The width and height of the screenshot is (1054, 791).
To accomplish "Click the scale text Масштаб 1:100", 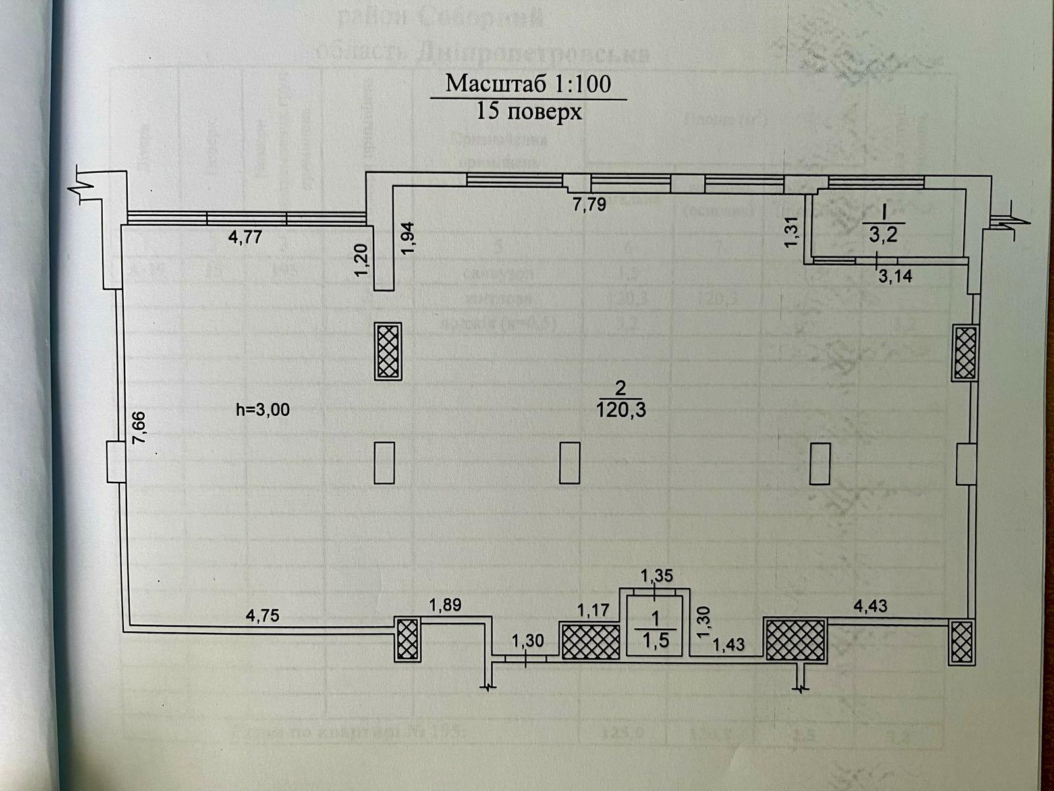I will pos(528,84).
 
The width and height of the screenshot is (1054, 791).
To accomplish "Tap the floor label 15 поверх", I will pos(529,112).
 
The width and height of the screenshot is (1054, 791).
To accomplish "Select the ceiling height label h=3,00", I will pos(263,409).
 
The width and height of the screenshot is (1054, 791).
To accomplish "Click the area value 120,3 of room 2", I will pos(621,411).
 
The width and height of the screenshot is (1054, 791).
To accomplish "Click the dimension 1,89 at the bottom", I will pos(445,604).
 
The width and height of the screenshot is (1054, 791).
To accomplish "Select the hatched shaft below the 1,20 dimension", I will pos(388,351).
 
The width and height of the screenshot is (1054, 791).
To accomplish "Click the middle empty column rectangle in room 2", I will pos(569,463).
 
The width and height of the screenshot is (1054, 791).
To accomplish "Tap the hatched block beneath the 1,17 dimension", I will pos(590,640).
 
